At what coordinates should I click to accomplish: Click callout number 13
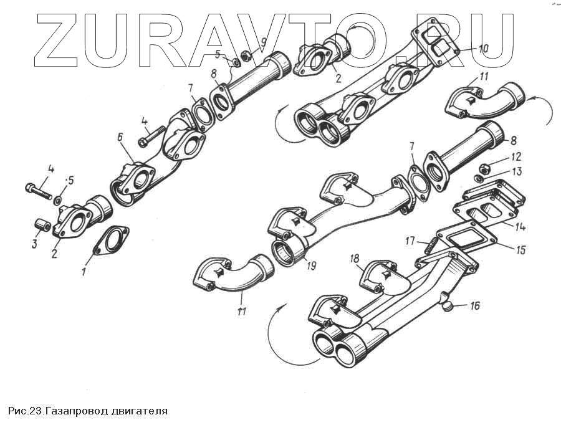point(517,171)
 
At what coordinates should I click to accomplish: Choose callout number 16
point(475,306)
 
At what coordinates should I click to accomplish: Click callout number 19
point(311,265)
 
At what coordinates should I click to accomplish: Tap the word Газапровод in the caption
point(76,411)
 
